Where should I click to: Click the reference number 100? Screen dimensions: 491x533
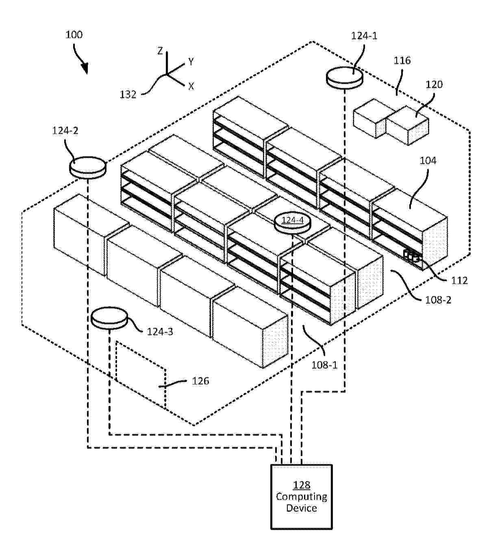point(74,35)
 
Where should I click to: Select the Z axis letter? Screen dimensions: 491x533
point(160,51)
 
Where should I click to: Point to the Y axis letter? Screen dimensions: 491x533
point(191,62)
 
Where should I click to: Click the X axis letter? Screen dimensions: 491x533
point(191,86)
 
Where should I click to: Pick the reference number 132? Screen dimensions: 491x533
point(128,94)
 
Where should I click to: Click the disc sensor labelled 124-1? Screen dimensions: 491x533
point(344,77)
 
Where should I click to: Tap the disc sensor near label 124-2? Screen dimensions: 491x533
point(88,167)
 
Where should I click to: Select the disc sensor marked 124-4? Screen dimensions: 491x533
point(292,224)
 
